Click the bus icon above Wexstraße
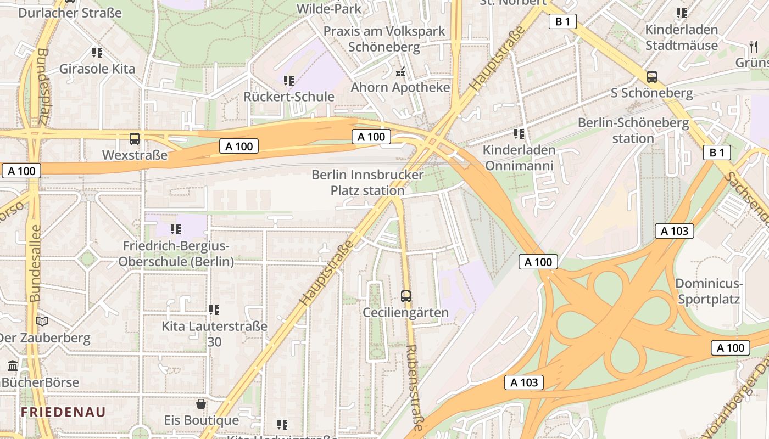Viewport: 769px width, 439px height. click(135, 139)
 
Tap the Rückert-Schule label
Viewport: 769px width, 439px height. click(289, 97)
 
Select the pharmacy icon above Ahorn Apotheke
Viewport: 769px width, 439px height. click(400, 71)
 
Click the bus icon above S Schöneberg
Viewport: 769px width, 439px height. click(652, 77)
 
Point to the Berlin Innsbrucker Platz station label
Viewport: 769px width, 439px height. click(367, 183)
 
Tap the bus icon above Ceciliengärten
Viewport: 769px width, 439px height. click(406, 296)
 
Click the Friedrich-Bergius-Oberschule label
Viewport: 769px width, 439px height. click(176, 254)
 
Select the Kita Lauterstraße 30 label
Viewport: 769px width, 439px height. click(214, 334)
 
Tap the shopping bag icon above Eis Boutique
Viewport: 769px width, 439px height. click(202, 404)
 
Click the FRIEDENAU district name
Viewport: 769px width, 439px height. click(63, 412)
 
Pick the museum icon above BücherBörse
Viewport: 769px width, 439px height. click(13, 365)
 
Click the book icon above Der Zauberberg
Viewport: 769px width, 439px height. click(42, 321)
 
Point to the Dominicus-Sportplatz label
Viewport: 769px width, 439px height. click(709, 291)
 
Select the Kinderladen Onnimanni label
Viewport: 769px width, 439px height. click(519, 157)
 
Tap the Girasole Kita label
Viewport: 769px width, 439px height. click(97, 69)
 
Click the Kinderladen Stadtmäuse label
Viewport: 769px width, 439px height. click(682, 37)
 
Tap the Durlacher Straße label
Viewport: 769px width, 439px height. click(70, 12)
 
